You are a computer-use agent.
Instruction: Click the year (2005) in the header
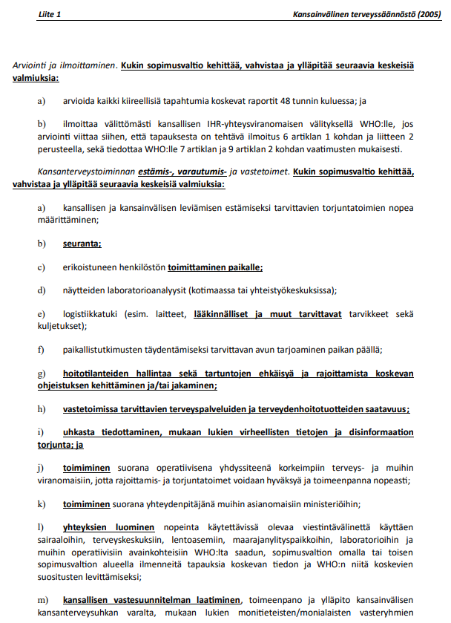coord(427,14)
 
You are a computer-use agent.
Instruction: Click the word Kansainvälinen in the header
coord(325,14)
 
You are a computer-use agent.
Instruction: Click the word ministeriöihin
coord(323,504)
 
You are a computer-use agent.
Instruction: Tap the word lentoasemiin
coord(221,539)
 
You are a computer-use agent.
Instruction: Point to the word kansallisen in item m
coord(89,599)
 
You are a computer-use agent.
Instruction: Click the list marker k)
coord(41,504)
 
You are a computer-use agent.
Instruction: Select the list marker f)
coord(40,349)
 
